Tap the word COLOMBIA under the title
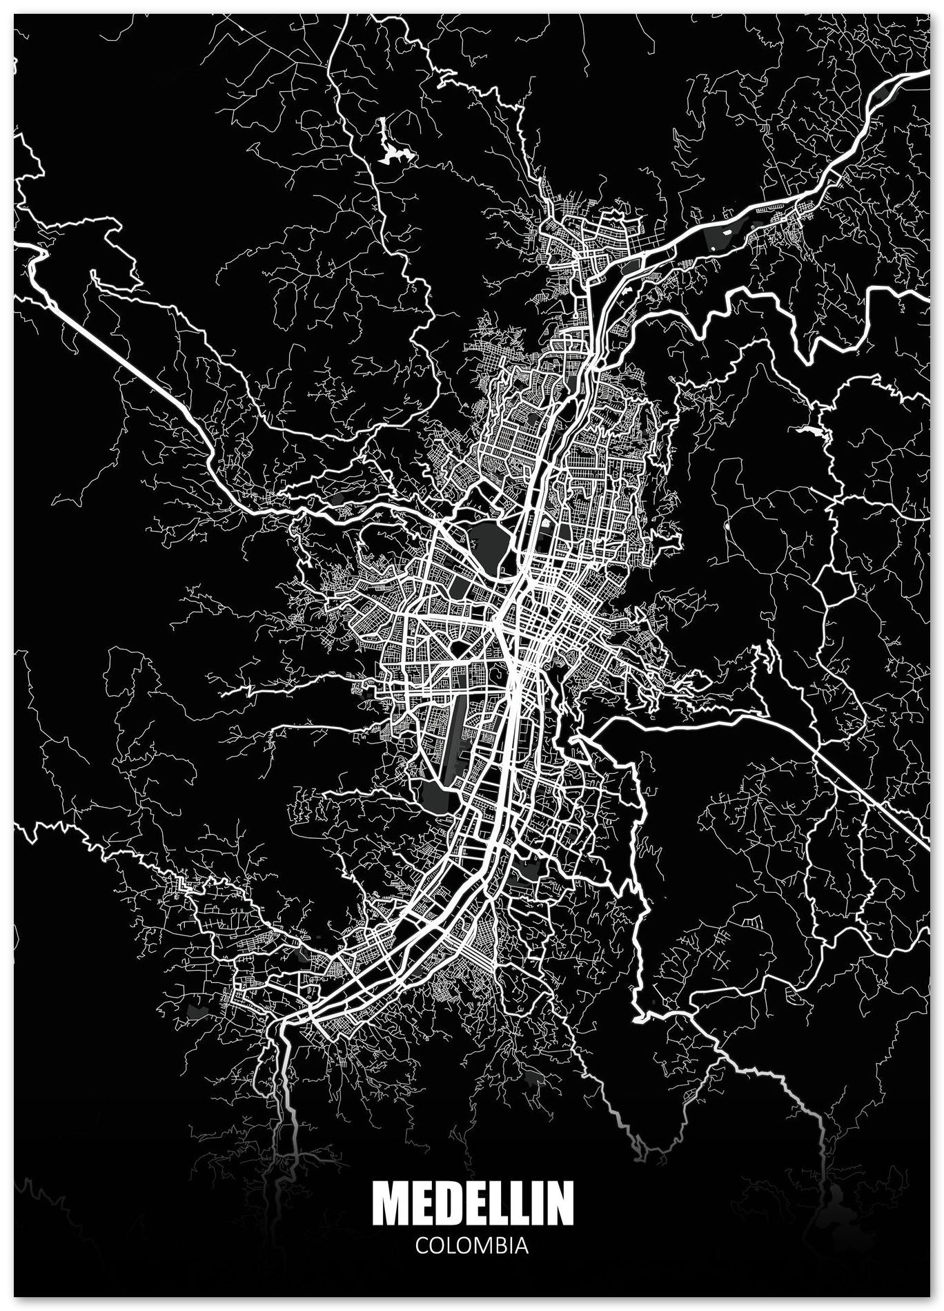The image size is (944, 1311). coord(472,1245)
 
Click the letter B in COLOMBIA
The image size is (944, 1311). coord(497,1245)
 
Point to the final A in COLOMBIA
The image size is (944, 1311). coord(522,1245)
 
